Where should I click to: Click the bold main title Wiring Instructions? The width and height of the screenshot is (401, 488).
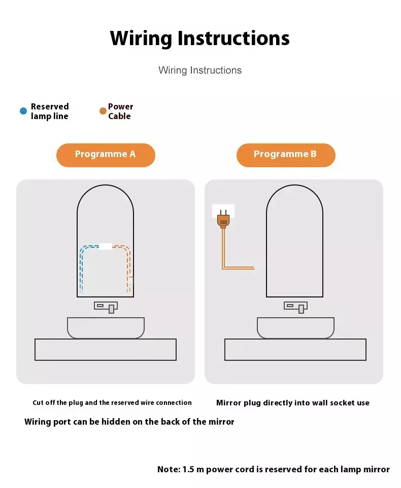click(x=200, y=39)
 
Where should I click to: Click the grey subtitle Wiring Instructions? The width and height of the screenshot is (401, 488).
click(x=200, y=70)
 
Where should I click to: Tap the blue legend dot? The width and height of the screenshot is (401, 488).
click(x=23, y=111)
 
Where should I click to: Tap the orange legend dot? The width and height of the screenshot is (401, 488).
click(x=103, y=111)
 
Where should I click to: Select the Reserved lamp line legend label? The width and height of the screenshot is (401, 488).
click(x=50, y=111)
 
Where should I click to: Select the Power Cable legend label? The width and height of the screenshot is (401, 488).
click(x=121, y=111)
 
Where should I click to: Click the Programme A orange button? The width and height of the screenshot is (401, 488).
click(x=106, y=155)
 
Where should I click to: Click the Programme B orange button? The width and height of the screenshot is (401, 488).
click(x=286, y=155)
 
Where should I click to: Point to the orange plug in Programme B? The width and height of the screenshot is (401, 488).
click(x=223, y=219)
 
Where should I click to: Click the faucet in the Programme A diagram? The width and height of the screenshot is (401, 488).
click(x=106, y=307)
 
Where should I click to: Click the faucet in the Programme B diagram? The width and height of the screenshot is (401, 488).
click(x=295, y=307)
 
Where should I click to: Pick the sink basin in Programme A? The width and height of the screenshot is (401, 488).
click(x=106, y=328)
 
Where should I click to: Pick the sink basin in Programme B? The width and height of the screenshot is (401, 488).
click(x=295, y=328)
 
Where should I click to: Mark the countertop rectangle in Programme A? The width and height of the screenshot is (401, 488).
click(x=106, y=350)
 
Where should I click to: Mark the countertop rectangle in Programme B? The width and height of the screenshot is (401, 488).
click(x=295, y=350)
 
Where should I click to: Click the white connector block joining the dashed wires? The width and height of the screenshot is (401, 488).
click(x=106, y=246)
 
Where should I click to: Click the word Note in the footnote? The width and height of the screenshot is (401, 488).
click(x=169, y=469)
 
